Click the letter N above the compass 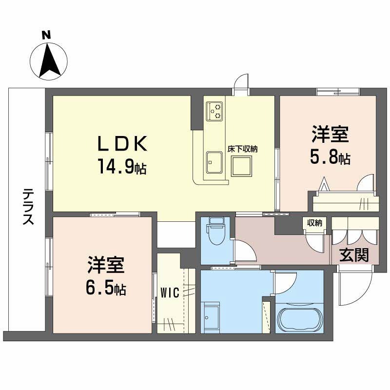46,35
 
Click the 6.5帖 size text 107,289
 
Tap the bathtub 299,318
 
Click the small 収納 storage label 314,223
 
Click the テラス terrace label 28,207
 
